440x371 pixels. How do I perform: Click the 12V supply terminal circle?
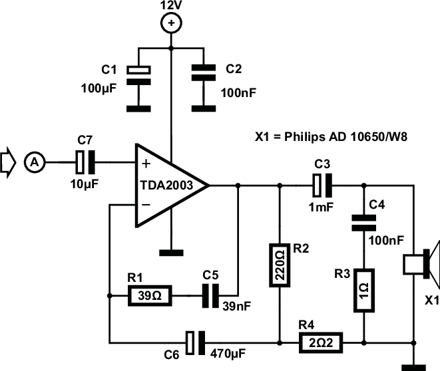pos(172,24)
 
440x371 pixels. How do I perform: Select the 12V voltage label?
pos(172,6)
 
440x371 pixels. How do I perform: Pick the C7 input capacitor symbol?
pos(85,160)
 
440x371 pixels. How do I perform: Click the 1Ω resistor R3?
pos(364,290)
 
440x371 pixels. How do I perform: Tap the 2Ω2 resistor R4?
pos(322,342)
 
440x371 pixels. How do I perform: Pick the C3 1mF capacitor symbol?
pos(323,186)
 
